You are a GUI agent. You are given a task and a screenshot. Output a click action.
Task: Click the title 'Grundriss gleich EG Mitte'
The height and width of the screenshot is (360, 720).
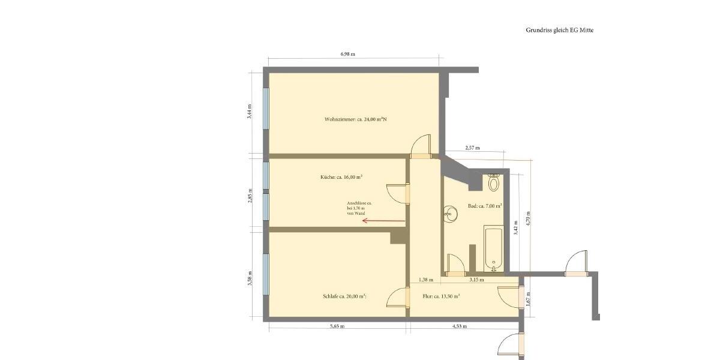coord(559,30)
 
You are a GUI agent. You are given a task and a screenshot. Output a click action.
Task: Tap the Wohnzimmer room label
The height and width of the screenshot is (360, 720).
coord(355,119)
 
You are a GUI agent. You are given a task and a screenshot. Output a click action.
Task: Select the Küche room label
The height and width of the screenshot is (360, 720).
coord(341,177)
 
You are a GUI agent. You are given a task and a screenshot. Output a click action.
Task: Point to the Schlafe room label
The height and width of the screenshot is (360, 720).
coord(344,296)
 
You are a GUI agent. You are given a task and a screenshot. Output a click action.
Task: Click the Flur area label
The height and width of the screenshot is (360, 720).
coord(441,296)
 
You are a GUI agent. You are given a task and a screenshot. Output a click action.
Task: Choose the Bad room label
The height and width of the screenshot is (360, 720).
coord(484,206)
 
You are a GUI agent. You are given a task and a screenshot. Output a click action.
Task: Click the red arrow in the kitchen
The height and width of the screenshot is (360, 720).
coord(383,221)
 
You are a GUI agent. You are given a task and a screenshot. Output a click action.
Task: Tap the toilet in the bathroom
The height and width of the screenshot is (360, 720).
coord(494,182)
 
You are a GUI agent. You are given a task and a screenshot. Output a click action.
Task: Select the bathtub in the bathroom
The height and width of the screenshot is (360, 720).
coord(493,248)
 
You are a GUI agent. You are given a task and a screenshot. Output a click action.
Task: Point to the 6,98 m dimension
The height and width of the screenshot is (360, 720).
coord(347,54)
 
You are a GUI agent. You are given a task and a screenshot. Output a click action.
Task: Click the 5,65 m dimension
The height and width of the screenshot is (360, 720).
coord(337,327)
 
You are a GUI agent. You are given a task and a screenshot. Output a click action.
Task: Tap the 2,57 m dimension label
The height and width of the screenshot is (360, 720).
coord(473,148)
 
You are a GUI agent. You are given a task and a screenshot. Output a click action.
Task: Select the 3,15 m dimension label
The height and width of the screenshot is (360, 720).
coord(476,280)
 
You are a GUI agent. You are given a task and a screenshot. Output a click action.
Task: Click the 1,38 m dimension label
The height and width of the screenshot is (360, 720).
coord(425,280)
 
